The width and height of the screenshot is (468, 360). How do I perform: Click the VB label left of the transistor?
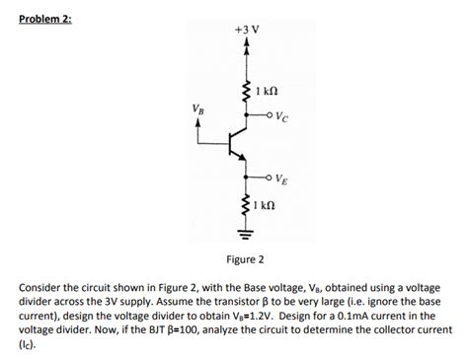tap(200, 109)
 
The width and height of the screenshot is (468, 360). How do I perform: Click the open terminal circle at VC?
tap(270, 116)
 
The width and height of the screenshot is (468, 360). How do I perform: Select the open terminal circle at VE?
tap(270, 178)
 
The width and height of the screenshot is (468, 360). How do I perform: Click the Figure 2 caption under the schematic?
tap(245, 259)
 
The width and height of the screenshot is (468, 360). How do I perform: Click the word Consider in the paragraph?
tap(40, 287)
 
